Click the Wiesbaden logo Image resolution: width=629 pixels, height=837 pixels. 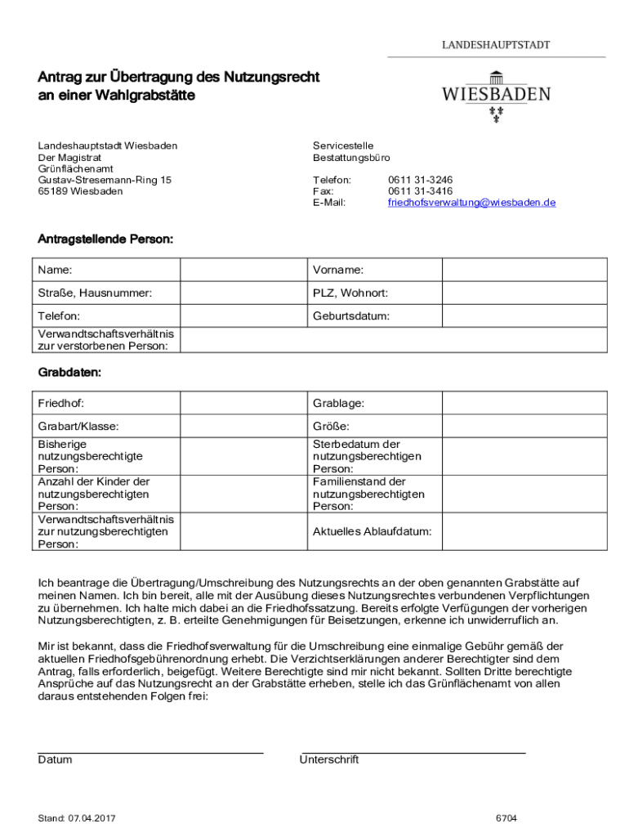coord(496,96)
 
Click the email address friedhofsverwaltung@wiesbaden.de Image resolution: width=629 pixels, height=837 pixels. coord(471,202)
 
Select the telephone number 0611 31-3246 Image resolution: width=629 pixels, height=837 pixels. coord(420,179)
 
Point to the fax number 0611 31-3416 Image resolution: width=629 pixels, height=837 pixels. coord(420,190)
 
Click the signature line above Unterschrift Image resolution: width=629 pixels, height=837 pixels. coord(413,750)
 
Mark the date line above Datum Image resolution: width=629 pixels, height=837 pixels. coord(150,750)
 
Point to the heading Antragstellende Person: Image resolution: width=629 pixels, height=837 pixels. coord(105,239)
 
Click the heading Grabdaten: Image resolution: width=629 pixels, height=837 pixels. coord(70,373)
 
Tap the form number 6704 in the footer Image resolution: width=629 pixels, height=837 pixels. coord(506,818)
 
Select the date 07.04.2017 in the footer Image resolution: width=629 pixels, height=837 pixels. coord(91,818)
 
